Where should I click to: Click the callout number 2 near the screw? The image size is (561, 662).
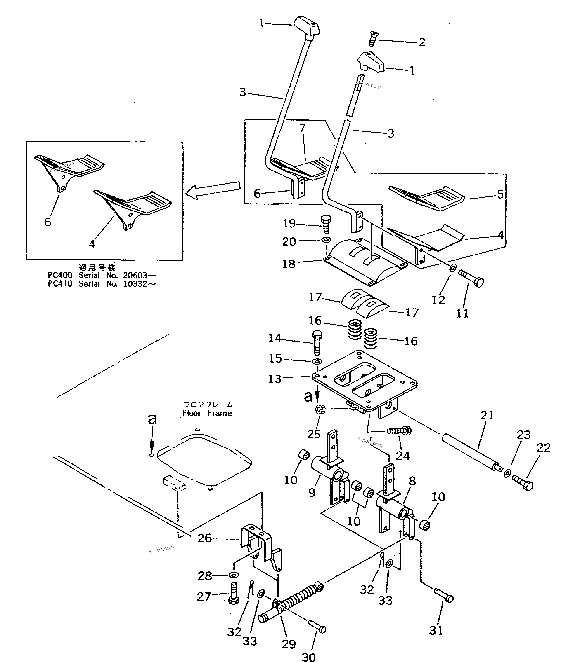point(422,42)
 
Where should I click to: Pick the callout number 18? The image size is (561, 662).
point(289,264)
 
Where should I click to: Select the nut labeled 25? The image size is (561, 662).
point(320,410)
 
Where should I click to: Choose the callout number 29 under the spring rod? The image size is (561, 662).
point(289,644)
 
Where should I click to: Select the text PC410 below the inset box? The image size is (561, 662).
point(60,284)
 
